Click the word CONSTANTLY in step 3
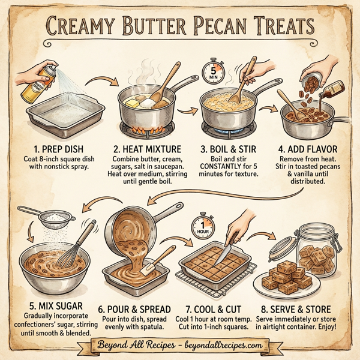pos(217,166)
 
